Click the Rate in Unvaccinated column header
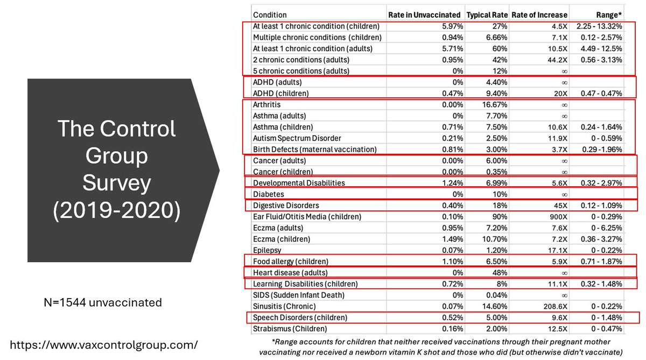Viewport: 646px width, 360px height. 424,15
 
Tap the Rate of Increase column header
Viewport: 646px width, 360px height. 538,15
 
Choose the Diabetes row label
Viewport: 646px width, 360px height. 269,194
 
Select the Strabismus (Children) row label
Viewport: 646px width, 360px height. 290,328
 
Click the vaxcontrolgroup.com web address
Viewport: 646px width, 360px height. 103,344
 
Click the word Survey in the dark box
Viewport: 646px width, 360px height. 117,183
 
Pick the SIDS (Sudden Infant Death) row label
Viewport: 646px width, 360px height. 299,295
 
